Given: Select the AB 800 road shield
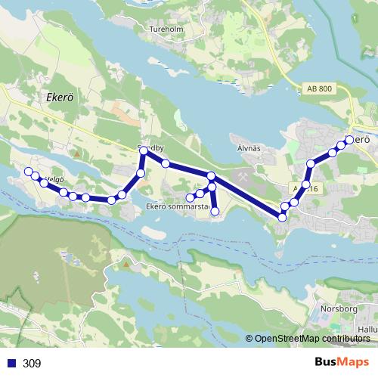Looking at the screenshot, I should click(321, 88).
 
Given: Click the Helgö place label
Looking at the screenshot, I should click(52, 179).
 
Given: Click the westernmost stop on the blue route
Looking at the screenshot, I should click(29, 172).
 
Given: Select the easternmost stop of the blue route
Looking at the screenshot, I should click(349, 139).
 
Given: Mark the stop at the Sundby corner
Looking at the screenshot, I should click(143, 152).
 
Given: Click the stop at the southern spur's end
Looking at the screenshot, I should click(215, 212).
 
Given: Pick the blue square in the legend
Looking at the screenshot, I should click(11, 364).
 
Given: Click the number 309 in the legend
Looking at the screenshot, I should click(32, 364).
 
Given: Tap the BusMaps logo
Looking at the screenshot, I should click(341, 363).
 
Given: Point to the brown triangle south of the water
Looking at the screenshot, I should click(125, 264).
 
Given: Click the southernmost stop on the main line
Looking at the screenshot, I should click(282, 217).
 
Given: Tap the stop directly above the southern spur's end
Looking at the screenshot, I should click(212, 187).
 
